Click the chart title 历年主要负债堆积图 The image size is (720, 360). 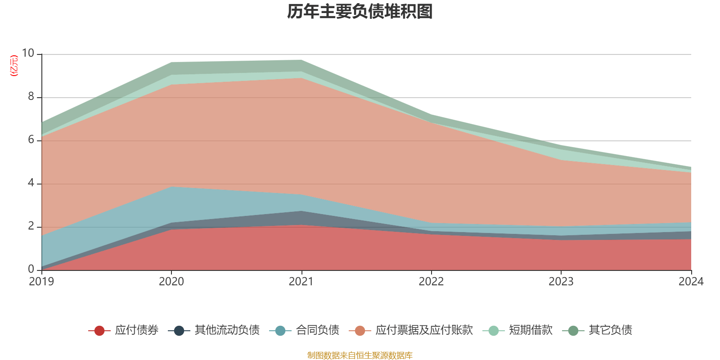pyautogui.click(x=360, y=12)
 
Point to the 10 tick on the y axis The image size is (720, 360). pyautogui.click(x=28, y=54)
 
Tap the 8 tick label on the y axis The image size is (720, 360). pyautogui.click(x=31, y=97)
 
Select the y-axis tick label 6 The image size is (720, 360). pyautogui.click(x=31, y=140)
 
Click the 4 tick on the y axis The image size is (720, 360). pyautogui.click(x=31, y=183)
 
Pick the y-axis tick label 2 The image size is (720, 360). pyautogui.click(x=31, y=226)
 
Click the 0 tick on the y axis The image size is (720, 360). pyautogui.click(x=31, y=270)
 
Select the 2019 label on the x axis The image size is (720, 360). pyautogui.click(x=41, y=282)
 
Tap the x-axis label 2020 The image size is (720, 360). pyautogui.click(x=171, y=282)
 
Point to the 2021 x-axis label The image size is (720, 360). pyautogui.click(x=301, y=282)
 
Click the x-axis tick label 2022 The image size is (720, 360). pyautogui.click(x=431, y=282)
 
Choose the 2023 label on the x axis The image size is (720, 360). pyautogui.click(x=561, y=282)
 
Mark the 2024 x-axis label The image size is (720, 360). pyautogui.click(x=691, y=282)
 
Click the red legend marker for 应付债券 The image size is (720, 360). pyautogui.click(x=99, y=331)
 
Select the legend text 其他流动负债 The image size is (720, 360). pyautogui.click(x=227, y=330)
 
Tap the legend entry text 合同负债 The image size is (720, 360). pyautogui.click(x=317, y=330)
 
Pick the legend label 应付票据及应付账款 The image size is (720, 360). pyautogui.click(x=424, y=330)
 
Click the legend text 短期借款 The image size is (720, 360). pyautogui.click(x=531, y=330)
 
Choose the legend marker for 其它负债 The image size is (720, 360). pyautogui.click(x=573, y=331)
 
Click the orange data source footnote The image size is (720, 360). pyautogui.click(x=360, y=355)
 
